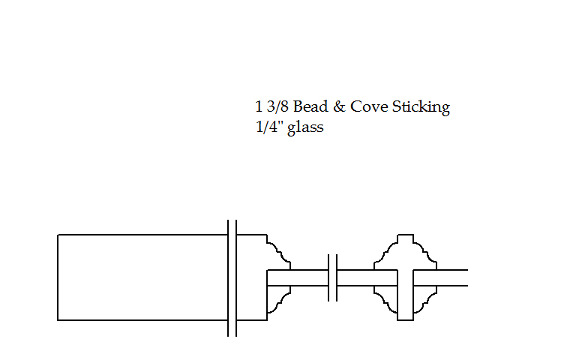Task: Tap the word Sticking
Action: click(x=421, y=107)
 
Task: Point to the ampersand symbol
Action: click(x=339, y=107)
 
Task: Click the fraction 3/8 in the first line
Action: click(x=277, y=107)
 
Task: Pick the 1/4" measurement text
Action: click(x=268, y=127)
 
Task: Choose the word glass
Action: click(x=307, y=128)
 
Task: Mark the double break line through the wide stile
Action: click(x=232, y=278)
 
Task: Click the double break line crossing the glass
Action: click(x=332, y=278)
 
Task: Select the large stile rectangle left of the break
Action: click(x=142, y=277)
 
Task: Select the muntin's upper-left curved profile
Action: click(x=385, y=252)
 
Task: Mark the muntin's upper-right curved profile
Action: click(x=424, y=252)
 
